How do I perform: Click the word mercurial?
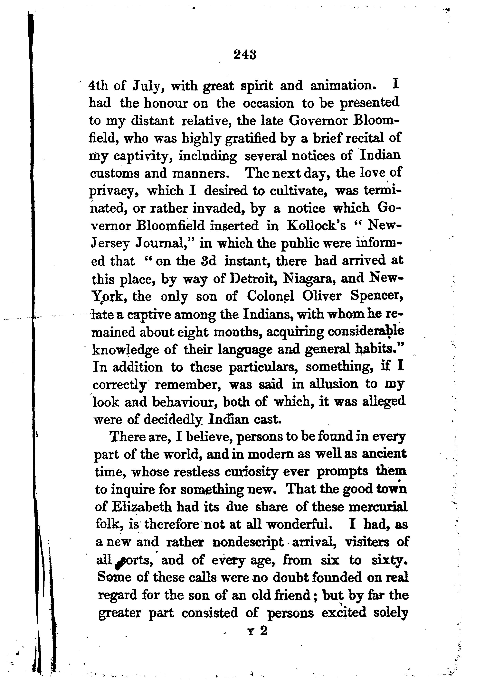coord(378,507)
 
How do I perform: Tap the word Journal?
coord(165,243)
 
